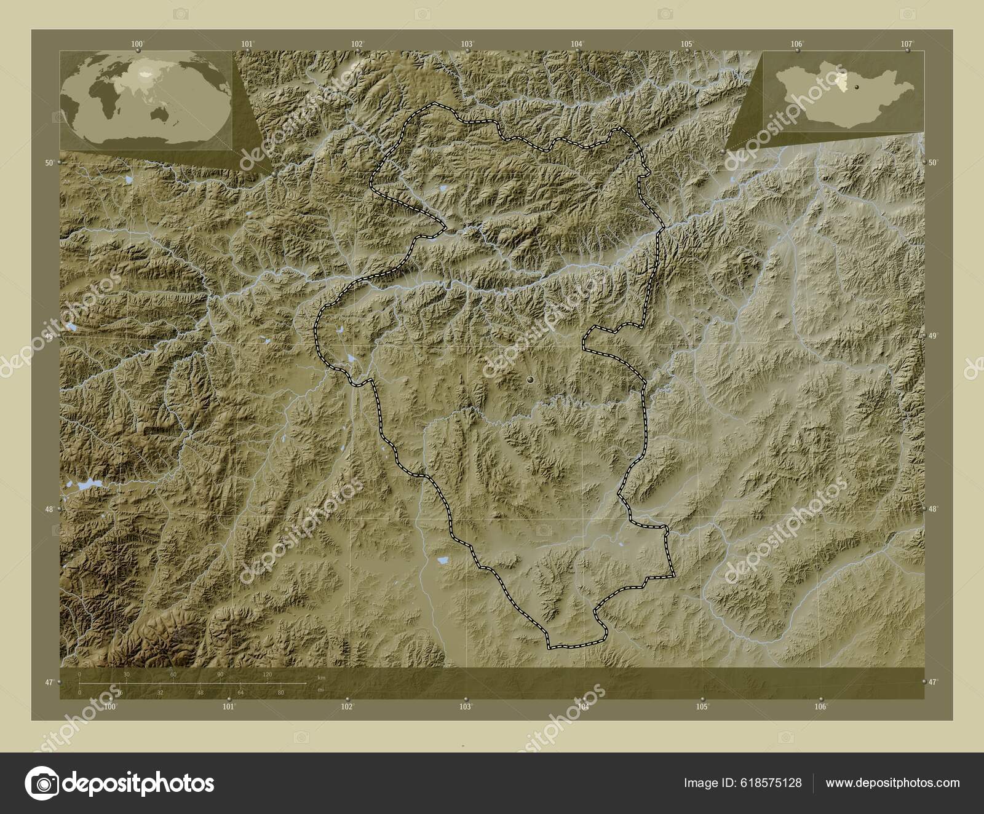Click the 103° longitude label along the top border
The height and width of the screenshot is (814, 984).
coord(467,44)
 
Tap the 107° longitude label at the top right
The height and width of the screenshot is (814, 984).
coord(906,44)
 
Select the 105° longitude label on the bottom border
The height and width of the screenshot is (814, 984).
coord(702,707)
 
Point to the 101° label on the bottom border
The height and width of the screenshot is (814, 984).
coord(229,707)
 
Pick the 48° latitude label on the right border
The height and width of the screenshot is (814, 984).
coord(932,509)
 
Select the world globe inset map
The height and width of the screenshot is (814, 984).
coord(146,99)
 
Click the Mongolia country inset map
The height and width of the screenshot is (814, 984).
coord(843,91)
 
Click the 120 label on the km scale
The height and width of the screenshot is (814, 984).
coord(268,675)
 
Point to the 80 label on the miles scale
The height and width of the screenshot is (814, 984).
coord(280,693)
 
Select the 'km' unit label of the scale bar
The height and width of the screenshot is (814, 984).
coord(321,678)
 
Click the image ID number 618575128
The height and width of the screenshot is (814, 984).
coord(772,783)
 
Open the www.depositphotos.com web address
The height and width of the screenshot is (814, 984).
coord(892,783)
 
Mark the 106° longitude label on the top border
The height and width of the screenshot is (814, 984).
coord(797,44)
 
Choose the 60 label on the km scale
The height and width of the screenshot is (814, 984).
coord(173,675)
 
